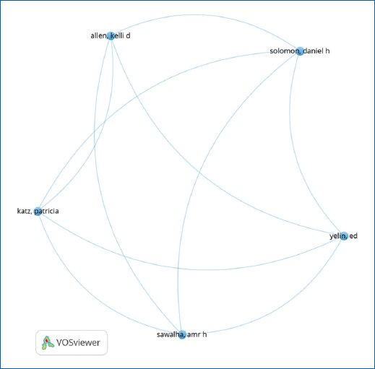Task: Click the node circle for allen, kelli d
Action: pyautogui.click(x=111, y=36)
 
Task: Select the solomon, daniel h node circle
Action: pyautogui.click(x=300, y=51)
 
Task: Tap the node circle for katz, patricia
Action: pyautogui.click(x=38, y=212)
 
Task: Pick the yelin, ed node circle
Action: pyautogui.click(x=344, y=236)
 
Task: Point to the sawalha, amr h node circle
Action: pyautogui.click(x=182, y=334)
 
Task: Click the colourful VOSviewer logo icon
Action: pyautogui.click(x=48, y=343)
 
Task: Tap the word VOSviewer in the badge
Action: pyautogui.click(x=78, y=342)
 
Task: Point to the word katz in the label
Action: pyautogui.click(x=24, y=211)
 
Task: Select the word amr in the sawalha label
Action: pyautogui.click(x=194, y=334)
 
